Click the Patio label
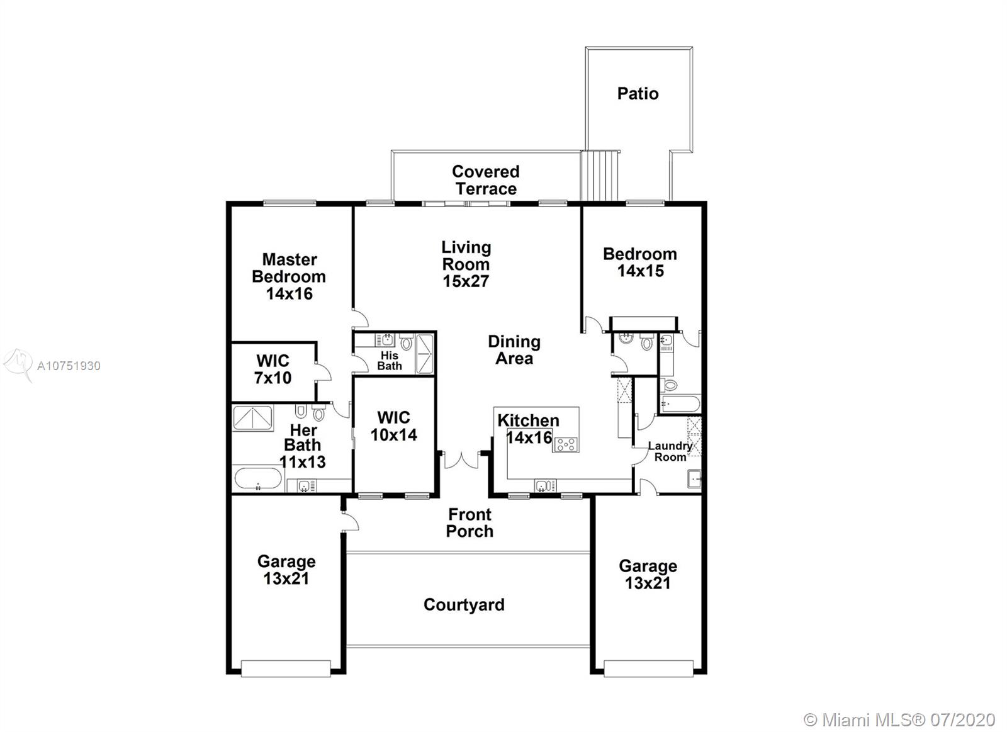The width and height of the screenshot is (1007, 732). (x=638, y=94)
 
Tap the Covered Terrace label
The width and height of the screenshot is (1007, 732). (x=485, y=180)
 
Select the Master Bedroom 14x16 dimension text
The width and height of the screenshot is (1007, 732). (x=289, y=293)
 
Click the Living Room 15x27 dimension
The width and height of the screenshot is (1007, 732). (x=465, y=281)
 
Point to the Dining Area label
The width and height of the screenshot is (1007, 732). (x=514, y=350)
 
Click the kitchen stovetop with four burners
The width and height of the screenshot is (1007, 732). (x=566, y=444)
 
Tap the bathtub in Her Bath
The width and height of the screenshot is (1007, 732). (x=258, y=478)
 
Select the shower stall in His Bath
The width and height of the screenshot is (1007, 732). (x=425, y=353)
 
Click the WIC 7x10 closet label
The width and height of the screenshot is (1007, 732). (x=273, y=369)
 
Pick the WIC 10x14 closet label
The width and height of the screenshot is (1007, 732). (x=394, y=426)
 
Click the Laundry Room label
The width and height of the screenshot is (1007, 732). (x=670, y=451)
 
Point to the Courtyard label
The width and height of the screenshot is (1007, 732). (x=464, y=604)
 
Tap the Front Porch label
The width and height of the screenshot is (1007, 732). (x=470, y=522)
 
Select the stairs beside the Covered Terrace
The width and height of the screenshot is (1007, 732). (x=600, y=176)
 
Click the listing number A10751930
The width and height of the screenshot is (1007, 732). (x=69, y=366)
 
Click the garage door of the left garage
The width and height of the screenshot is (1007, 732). (x=286, y=668)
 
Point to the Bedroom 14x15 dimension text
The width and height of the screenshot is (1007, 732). (x=640, y=271)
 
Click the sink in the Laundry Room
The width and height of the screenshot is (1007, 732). (x=695, y=478)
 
